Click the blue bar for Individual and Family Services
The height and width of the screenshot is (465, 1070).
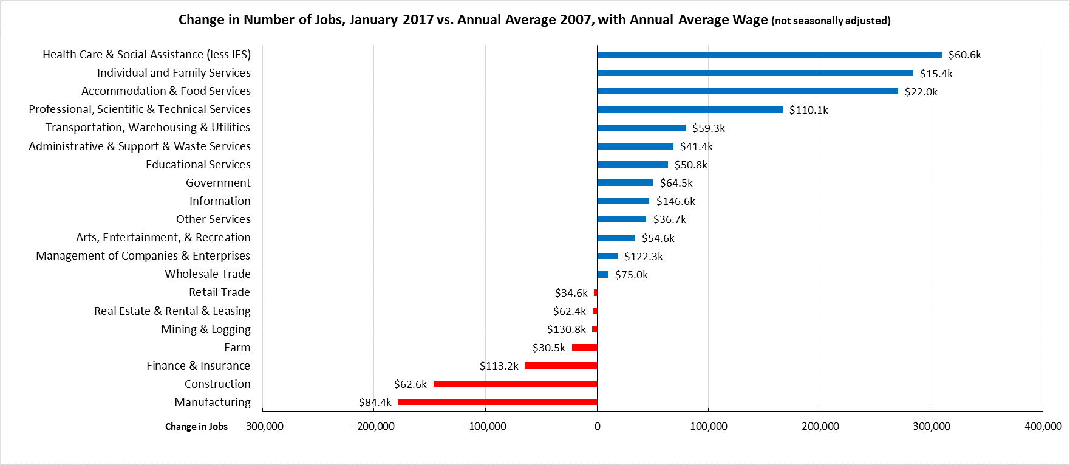pyautogui.click(x=755, y=73)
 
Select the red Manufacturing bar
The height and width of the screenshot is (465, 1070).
pyautogui.click(x=497, y=402)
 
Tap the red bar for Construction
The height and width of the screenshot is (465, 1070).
pyautogui.click(x=515, y=384)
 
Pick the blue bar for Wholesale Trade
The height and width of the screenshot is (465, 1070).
pyautogui.click(x=603, y=275)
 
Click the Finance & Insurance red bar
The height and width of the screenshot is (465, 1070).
pyautogui.click(x=561, y=366)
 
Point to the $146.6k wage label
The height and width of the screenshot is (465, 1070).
pyautogui.click(x=675, y=201)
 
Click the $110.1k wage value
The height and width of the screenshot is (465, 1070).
pyautogui.click(x=808, y=110)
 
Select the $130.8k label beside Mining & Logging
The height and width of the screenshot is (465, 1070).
pyautogui.click(x=566, y=329)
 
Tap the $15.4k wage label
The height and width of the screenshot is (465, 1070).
pyautogui.click(x=936, y=74)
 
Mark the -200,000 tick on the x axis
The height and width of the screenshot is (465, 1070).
pyautogui.click(x=374, y=426)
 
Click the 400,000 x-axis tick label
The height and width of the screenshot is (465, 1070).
pyautogui.click(x=1043, y=426)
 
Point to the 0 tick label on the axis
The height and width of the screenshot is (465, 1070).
pyautogui.click(x=597, y=426)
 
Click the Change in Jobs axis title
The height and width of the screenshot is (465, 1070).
pyautogui.click(x=196, y=427)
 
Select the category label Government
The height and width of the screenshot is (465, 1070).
pyautogui.click(x=218, y=182)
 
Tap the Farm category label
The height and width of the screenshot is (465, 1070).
pyautogui.click(x=237, y=347)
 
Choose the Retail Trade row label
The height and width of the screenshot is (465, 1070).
pyautogui.click(x=219, y=292)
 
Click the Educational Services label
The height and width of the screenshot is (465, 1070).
pyautogui.click(x=198, y=164)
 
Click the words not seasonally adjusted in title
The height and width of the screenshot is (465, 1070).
pyautogui.click(x=831, y=21)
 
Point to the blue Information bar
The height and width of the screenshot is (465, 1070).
pyautogui.click(x=623, y=201)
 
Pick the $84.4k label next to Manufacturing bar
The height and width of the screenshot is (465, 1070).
pyautogui.click(x=375, y=402)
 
